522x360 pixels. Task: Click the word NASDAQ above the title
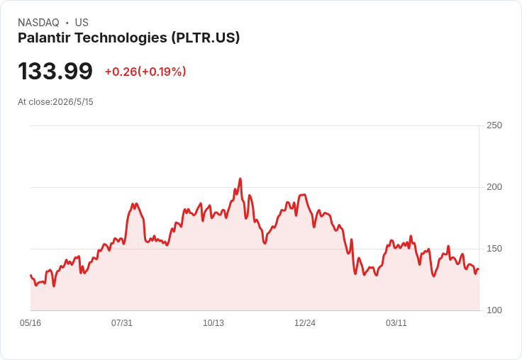38,23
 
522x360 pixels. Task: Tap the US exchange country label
82,23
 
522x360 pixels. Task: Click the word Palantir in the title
44,38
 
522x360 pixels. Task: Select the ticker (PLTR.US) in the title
206,38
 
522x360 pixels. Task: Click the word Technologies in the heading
121,38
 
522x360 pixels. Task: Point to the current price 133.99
55,71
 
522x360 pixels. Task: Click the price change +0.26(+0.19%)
145,72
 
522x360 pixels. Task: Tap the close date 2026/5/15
73,102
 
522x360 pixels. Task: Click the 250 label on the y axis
494,125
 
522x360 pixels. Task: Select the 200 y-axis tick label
494,187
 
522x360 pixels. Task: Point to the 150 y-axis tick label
494,249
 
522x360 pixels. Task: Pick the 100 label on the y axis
494,310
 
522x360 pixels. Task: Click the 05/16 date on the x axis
30,323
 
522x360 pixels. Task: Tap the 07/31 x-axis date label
122,323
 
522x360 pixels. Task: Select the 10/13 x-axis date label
213,323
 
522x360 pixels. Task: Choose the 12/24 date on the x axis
305,323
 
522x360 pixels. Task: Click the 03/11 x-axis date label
396,323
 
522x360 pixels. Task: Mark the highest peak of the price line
240,179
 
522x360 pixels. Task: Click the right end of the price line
479,269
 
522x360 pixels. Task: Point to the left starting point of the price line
30,275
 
